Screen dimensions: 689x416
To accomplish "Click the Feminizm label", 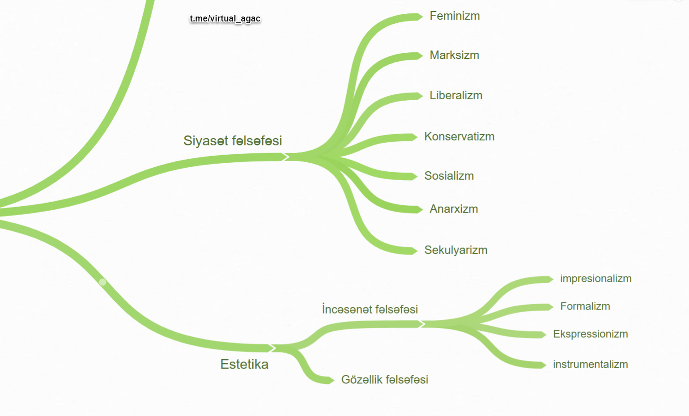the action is (x=455, y=16).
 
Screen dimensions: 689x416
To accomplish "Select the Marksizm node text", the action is (x=454, y=55).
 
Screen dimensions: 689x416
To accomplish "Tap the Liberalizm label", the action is (x=456, y=96).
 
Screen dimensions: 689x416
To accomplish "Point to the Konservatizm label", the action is (x=459, y=137).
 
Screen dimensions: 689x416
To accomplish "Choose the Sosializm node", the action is (x=449, y=176).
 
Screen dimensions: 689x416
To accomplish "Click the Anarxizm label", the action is (x=454, y=209).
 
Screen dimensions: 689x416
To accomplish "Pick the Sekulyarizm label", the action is (x=455, y=250).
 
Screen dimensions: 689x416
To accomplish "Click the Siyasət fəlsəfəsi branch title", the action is (x=233, y=141).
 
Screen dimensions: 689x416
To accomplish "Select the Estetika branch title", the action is (x=244, y=365).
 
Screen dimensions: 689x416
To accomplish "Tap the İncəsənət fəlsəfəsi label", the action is (x=370, y=310).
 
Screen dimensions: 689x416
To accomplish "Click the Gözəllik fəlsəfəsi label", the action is (x=384, y=380).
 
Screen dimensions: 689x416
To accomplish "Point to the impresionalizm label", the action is (x=595, y=279).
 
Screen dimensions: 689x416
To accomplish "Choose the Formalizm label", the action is (x=585, y=306).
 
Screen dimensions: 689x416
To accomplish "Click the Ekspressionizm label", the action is (x=590, y=334).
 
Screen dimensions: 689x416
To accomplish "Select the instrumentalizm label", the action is (x=590, y=365).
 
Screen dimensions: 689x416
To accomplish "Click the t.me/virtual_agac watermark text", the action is (x=225, y=19).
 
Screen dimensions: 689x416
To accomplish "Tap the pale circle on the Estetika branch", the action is (x=102, y=282).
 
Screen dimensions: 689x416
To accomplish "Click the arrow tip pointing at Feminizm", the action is (x=420, y=17).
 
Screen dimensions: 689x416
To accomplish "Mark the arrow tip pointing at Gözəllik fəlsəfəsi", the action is (x=331, y=381).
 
